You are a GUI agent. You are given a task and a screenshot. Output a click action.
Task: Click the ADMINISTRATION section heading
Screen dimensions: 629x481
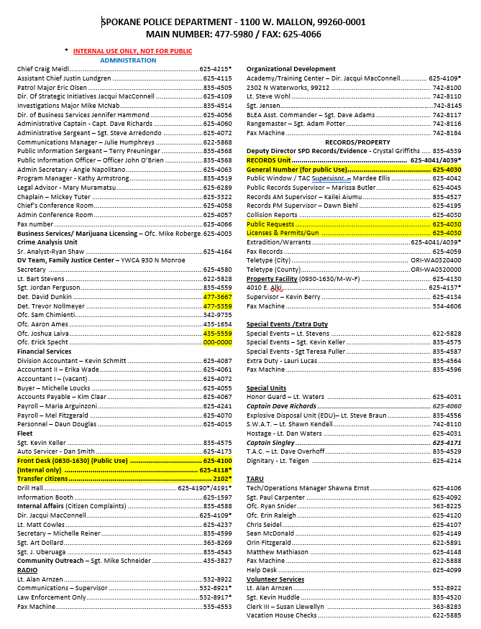click(128, 60)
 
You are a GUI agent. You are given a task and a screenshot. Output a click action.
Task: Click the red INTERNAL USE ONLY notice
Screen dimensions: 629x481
click(132, 52)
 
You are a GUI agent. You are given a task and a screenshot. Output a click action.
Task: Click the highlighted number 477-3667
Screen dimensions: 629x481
click(217, 295)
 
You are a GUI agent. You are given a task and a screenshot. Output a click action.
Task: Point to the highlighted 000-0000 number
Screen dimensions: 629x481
click(217, 342)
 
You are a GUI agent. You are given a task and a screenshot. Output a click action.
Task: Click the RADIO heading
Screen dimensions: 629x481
click(27, 569)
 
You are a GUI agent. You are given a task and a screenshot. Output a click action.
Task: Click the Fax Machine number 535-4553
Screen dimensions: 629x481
click(217, 606)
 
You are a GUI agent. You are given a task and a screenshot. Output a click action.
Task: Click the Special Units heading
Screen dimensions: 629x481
click(267, 387)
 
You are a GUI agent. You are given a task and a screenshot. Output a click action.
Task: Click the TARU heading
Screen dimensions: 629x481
click(255, 478)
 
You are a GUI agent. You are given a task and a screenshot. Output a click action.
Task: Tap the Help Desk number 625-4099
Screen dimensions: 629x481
click(446, 569)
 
